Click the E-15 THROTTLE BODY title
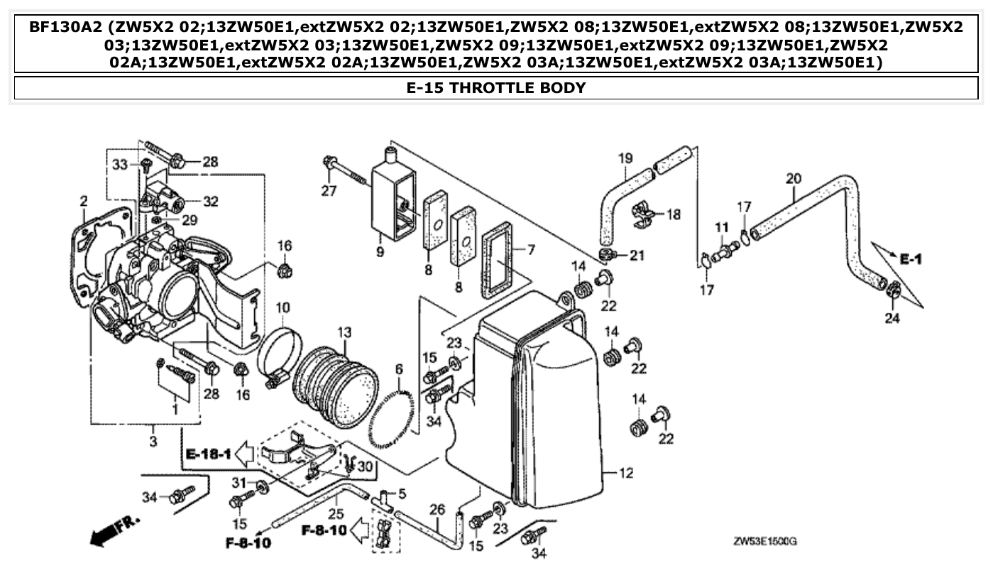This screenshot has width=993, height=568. click(x=496, y=88)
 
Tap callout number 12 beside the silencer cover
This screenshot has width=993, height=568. click(x=625, y=474)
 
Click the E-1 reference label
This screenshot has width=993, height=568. click(x=911, y=260)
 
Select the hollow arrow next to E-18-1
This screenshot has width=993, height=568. click(x=244, y=452)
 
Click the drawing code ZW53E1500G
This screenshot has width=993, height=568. click(x=764, y=542)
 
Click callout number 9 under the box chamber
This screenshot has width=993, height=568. click(x=380, y=252)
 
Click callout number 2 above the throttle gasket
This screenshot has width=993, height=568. click(x=83, y=202)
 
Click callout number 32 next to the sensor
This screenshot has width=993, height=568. click(x=210, y=202)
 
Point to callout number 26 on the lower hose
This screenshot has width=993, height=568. click(x=438, y=509)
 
